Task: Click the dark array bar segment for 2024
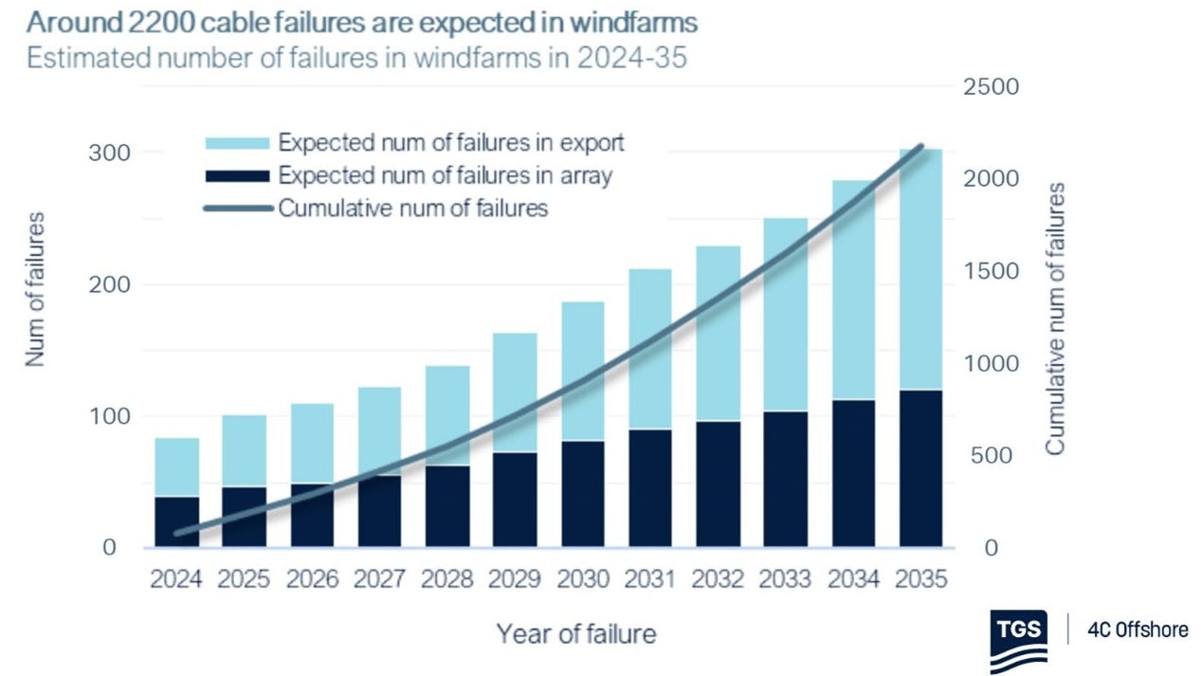176,521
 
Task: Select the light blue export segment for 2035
920,269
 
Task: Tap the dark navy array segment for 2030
582,494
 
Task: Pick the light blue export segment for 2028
447,415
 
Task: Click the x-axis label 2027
380,579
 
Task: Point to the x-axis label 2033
786,579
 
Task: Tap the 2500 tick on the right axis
992,87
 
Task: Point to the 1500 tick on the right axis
992,271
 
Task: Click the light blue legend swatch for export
237,143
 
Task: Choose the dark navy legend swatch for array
237,175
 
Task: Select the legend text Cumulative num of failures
413,208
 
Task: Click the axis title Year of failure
576,632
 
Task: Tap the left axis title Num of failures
34,289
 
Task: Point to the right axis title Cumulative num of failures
1056,319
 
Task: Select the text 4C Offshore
1136,629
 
